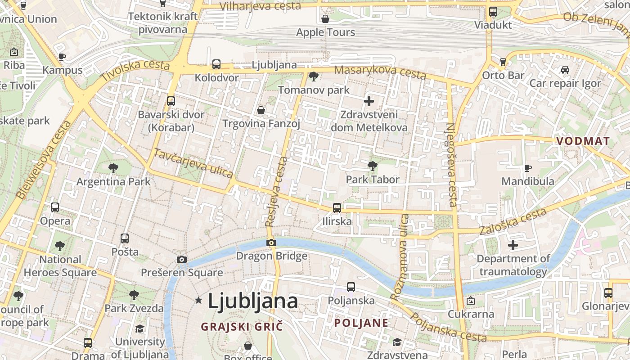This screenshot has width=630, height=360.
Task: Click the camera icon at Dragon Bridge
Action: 271,243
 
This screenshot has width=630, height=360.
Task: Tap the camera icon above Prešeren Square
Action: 182,259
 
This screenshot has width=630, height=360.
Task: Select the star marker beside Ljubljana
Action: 198,300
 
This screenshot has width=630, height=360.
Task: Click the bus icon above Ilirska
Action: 337,207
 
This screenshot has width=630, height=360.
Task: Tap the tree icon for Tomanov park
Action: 314,76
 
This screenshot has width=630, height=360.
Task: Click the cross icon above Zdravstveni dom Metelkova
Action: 369,101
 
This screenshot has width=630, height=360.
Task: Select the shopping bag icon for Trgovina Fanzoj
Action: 261,110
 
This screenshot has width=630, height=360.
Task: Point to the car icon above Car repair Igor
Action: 565,70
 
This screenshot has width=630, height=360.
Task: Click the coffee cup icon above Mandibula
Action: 528,168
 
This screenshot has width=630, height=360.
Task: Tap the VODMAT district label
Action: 583,141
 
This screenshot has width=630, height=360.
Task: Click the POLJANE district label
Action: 361,323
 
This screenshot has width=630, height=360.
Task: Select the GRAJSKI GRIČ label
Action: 242,326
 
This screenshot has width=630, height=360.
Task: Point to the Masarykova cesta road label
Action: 380,72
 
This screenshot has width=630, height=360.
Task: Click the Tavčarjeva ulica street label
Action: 193,163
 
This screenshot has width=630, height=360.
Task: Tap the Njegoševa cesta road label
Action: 451,164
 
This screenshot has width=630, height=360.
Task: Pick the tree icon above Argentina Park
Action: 113,168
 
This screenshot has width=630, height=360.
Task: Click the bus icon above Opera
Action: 55,207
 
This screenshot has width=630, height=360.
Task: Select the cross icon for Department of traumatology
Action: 513,245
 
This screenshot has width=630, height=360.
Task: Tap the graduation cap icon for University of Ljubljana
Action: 140,328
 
